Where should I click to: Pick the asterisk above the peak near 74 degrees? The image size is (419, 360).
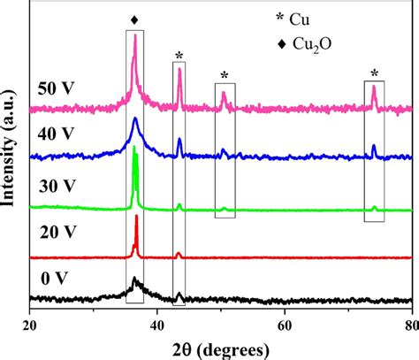pyautogui.click(x=375, y=73)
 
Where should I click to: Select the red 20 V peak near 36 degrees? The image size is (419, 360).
pyautogui.click(x=135, y=218)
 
